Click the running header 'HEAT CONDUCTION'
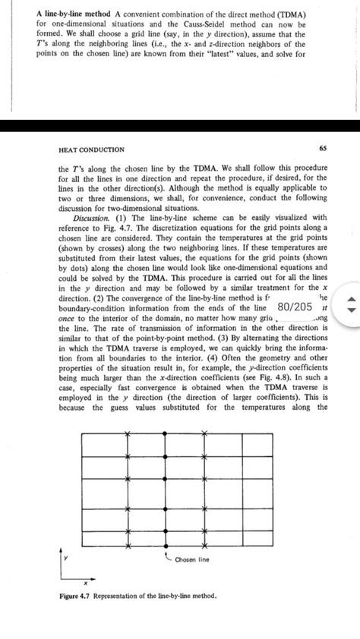coord(91,150)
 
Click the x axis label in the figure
coord(85,584)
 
